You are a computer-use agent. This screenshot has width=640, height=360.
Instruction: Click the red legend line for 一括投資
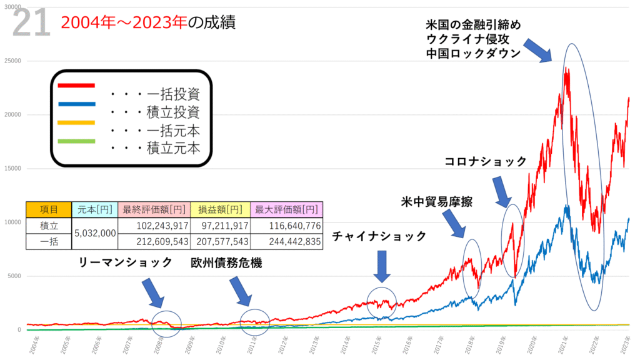coord(76,85)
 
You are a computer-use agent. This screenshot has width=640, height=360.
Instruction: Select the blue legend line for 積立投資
coord(76,104)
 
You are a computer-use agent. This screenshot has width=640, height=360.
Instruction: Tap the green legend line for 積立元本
coord(76,141)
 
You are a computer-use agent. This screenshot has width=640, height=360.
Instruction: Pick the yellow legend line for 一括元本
coord(76,122)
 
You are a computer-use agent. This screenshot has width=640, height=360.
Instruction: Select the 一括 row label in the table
coord(48,241)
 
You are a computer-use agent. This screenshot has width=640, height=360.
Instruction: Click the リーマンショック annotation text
coord(125,263)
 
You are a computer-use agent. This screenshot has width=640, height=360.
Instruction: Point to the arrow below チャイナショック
coord(382,267)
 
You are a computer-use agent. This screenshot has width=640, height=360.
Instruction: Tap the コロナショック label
coord(486,161)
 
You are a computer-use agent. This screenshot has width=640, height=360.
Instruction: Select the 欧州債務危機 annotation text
coord(226,263)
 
